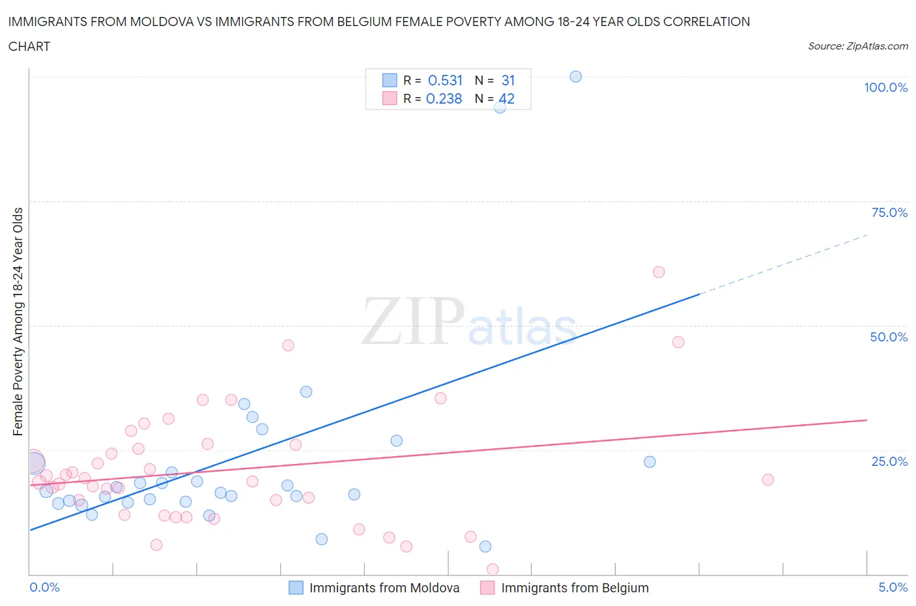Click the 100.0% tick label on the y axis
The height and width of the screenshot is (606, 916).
[x=885, y=87]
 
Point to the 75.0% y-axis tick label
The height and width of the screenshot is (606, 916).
[x=889, y=212]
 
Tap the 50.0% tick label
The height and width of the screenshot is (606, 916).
[x=889, y=337]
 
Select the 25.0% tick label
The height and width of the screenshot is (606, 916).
[x=889, y=461]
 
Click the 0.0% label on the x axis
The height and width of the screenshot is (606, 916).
[x=44, y=587]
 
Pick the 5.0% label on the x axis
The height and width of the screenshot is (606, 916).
[x=893, y=587]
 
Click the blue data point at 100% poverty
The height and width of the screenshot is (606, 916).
[x=575, y=77]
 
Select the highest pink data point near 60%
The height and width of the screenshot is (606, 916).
[x=659, y=272]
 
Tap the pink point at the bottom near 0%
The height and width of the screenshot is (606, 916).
[x=493, y=570]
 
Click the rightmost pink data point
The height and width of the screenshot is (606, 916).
[x=767, y=480]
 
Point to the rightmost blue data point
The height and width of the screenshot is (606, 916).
[x=650, y=462]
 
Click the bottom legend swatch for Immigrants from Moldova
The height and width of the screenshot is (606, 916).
[x=296, y=588]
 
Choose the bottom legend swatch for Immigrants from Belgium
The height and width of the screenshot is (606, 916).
[x=487, y=588]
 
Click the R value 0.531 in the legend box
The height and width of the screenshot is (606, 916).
[x=445, y=81]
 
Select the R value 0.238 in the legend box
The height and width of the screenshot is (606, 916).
[x=444, y=99]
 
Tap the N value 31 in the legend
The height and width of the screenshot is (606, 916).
[x=508, y=81]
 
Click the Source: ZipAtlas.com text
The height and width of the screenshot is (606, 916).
[x=857, y=46]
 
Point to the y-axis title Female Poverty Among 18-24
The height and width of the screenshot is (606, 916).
[x=18, y=321]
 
